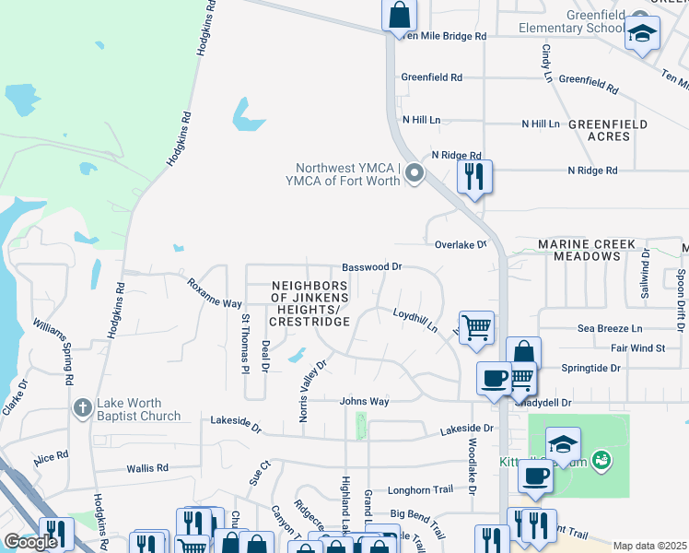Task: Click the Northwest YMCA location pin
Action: (x=415, y=172)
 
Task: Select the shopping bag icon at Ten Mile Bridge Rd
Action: (x=399, y=15)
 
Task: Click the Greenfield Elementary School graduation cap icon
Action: (x=641, y=35)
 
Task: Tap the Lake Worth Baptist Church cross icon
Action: (x=83, y=407)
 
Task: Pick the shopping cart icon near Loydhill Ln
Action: (x=476, y=327)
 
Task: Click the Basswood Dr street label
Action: (x=372, y=266)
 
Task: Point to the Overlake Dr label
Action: (x=460, y=244)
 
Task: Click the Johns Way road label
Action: (x=365, y=401)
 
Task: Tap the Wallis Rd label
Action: (x=148, y=468)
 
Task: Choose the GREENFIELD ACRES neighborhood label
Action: (x=607, y=130)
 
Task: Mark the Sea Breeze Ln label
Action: (x=610, y=328)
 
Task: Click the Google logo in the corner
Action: (x=29, y=541)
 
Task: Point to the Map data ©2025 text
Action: (x=649, y=546)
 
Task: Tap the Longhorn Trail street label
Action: (x=422, y=489)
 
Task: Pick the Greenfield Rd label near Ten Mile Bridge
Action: (x=431, y=78)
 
